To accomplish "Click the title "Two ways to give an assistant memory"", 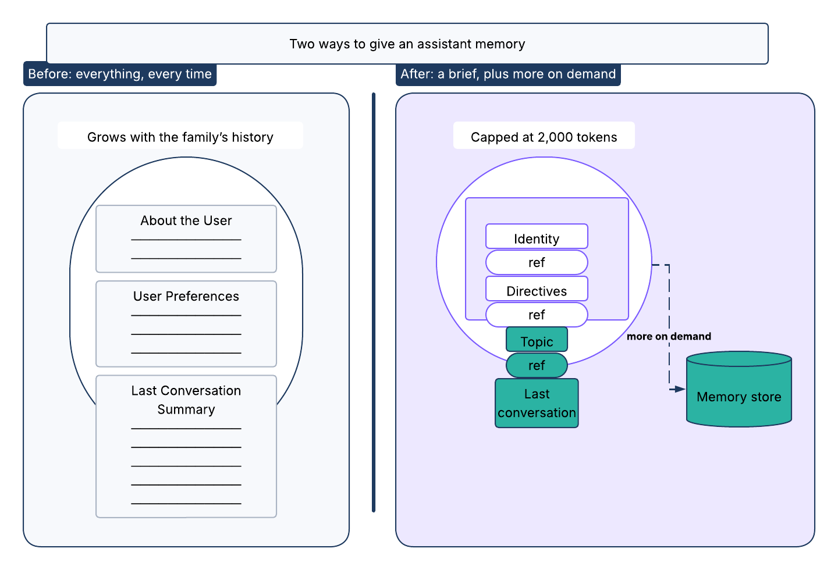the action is click(407, 44).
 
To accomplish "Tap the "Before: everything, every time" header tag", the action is click(120, 74).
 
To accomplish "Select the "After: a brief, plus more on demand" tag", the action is click(508, 74).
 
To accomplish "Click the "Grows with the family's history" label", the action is click(180, 137).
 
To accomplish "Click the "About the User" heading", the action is click(186, 220).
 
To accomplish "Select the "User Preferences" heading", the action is click(186, 296).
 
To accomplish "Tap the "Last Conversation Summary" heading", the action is click(186, 400).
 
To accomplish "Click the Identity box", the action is click(537, 236).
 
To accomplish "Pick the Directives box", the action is click(537, 288).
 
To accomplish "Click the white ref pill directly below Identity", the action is click(537, 262).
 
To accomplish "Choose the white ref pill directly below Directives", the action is click(537, 315).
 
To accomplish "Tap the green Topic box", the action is click(537, 339).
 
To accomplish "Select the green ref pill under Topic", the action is click(537, 365).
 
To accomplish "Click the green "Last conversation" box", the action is click(537, 403).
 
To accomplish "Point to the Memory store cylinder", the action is click(739, 389).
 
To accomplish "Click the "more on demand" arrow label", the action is click(669, 336).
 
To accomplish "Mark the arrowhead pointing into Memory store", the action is click(680, 389).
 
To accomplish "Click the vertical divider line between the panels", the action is click(374, 302).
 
